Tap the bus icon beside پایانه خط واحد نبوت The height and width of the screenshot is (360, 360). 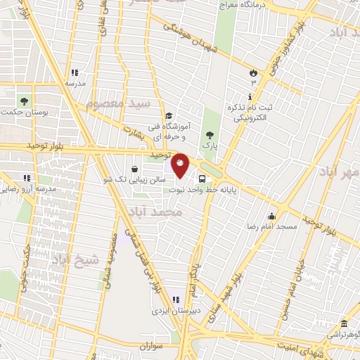pyautogui.click(x=202, y=179)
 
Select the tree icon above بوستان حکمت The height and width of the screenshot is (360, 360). pyautogui.click(x=25, y=101)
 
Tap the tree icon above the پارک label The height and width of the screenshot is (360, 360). pyautogui.click(x=208, y=134)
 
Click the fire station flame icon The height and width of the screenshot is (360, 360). pyautogui.click(x=252, y=72)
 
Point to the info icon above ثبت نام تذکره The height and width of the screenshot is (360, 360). pyautogui.click(x=249, y=96)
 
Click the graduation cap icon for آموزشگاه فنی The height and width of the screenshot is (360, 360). pyautogui.click(x=169, y=116)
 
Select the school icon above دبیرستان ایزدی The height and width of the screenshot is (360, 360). pyautogui.click(x=167, y=300)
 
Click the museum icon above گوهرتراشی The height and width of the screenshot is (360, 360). pyautogui.click(x=343, y=323)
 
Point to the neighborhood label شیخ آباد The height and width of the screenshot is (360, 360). pyautogui.click(x=68, y=250)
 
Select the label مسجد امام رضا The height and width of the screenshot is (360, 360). pyautogui.click(x=278, y=226)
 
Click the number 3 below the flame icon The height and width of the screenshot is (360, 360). pyautogui.click(x=253, y=82)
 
